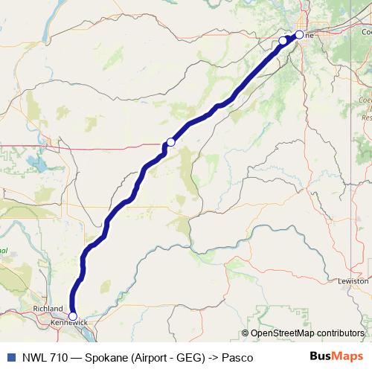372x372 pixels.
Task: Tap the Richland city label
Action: pyautogui.click(x=48, y=309)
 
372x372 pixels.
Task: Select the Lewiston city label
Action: pyautogui.click(x=353, y=281)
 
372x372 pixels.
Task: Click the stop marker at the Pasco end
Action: pyautogui.click(x=72, y=316)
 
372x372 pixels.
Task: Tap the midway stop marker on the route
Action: pyautogui.click(x=170, y=141)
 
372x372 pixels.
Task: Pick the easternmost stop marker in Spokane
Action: pyautogui.click(x=299, y=34)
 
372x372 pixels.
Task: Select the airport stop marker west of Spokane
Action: pyautogui.click(x=283, y=41)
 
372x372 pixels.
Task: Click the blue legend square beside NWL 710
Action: pyautogui.click(x=10, y=357)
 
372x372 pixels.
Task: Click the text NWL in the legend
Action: pyautogui.click(x=32, y=358)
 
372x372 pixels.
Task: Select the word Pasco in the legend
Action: pyautogui.click(x=236, y=358)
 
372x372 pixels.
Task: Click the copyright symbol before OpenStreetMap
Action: pyautogui.click(x=246, y=333)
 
